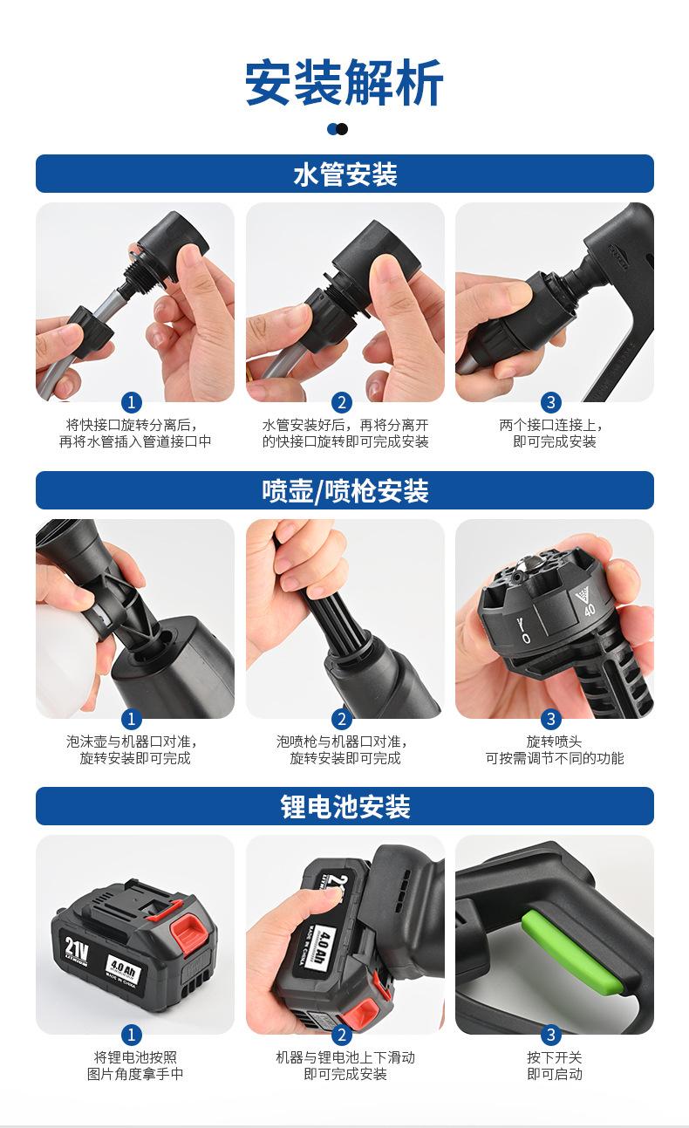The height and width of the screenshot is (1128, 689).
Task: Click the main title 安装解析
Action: [x=344, y=82]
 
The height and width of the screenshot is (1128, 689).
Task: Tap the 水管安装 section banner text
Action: [x=345, y=174]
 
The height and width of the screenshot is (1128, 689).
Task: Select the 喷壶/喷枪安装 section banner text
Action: [x=345, y=490]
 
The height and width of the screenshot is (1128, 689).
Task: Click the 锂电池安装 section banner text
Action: [x=345, y=807]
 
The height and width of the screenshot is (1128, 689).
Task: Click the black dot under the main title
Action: [x=342, y=129]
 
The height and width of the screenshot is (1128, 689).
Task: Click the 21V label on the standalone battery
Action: [x=77, y=950]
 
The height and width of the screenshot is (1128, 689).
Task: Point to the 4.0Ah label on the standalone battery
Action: [x=123, y=967]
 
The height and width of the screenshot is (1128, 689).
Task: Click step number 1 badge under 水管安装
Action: [x=132, y=402]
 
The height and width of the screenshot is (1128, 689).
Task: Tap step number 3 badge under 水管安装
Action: [x=551, y=402]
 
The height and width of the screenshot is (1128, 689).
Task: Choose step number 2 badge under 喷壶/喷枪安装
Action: [x=342, y=719]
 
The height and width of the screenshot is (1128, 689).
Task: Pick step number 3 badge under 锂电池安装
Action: [x=551, y=1035]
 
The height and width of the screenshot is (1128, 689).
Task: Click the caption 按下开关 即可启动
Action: [x=555, y=1065]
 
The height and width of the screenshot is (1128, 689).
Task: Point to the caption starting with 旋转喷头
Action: [x=555, y=749]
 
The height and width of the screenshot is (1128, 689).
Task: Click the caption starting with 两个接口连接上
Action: [x=552, y=433]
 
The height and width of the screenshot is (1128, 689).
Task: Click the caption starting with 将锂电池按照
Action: [x=135, y=1065]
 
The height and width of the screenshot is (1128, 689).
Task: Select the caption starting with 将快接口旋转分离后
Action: [x=134, y=433]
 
